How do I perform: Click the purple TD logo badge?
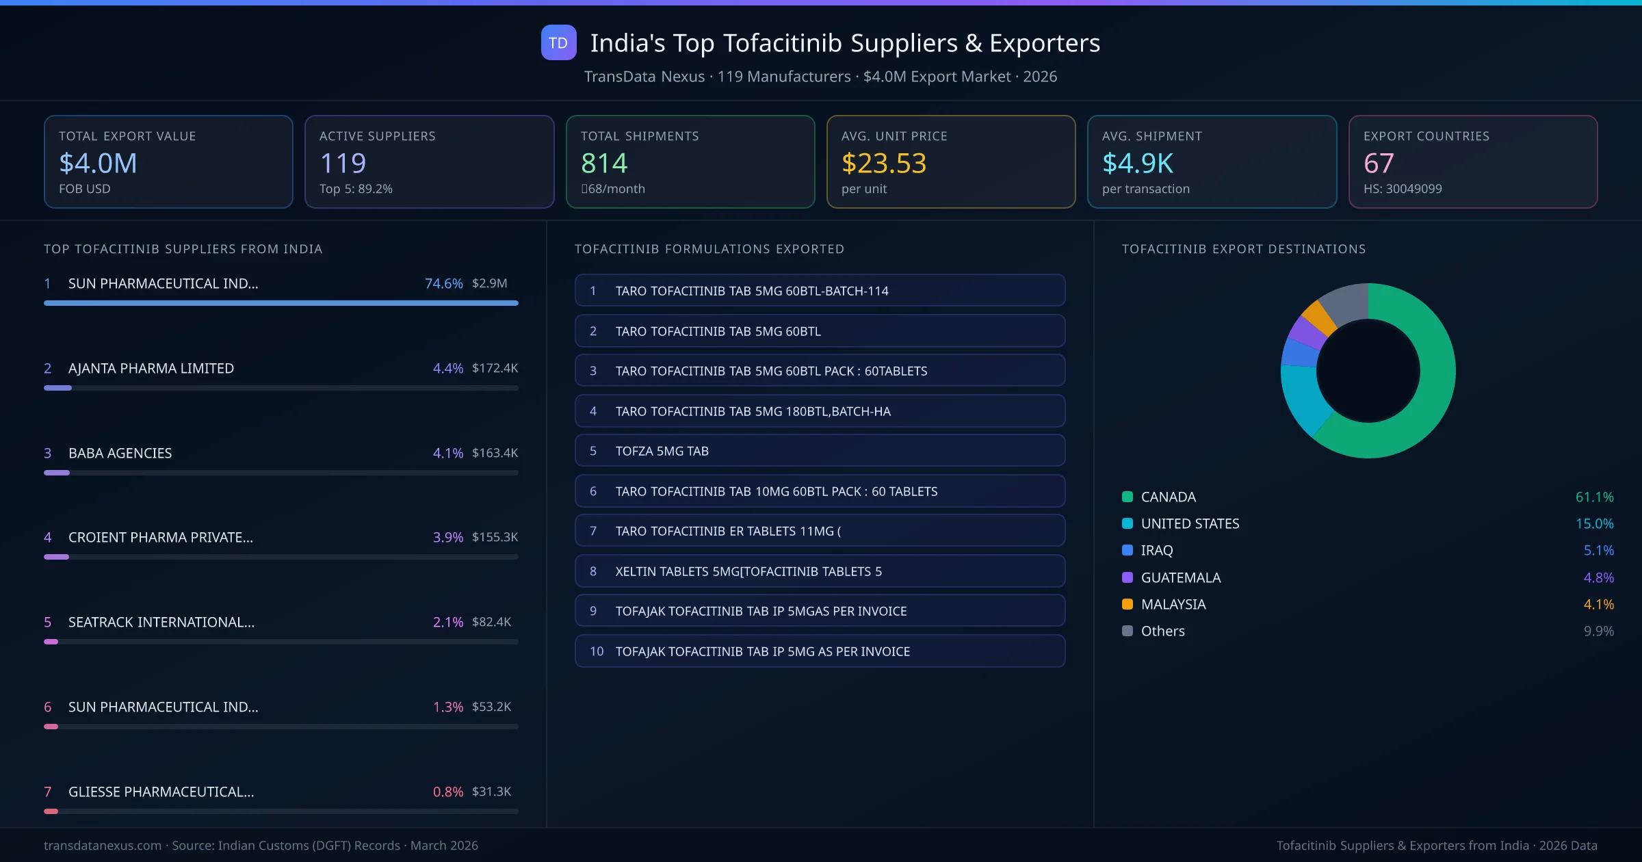(x=558, y=42)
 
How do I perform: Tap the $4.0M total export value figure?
(x=98, y=163)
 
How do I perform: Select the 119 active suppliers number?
(x=343, y=163)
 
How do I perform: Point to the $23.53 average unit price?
(x=883, y=163)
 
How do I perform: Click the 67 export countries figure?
(x=1378, y=163)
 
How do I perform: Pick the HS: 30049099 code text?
(x=1402, y=189)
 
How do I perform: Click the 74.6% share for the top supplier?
(x=443, y=283)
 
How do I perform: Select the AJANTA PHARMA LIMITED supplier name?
(x=151, y=368)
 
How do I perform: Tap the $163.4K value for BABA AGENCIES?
(x=495, y=453)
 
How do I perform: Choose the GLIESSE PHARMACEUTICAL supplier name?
(x=161, y=792)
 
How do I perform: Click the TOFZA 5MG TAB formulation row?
(x=820, y=451)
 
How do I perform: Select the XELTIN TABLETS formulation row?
(x=820, y=571)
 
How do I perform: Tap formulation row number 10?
(x=820, y=651)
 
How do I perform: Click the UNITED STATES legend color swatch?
(x=1128, y=523)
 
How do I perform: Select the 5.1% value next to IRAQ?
(x=1598, y=550)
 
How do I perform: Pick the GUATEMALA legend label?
(x=1180, y=577)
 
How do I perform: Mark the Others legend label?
(x=1162, y=631)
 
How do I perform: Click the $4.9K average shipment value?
(x=1137, y=163)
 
